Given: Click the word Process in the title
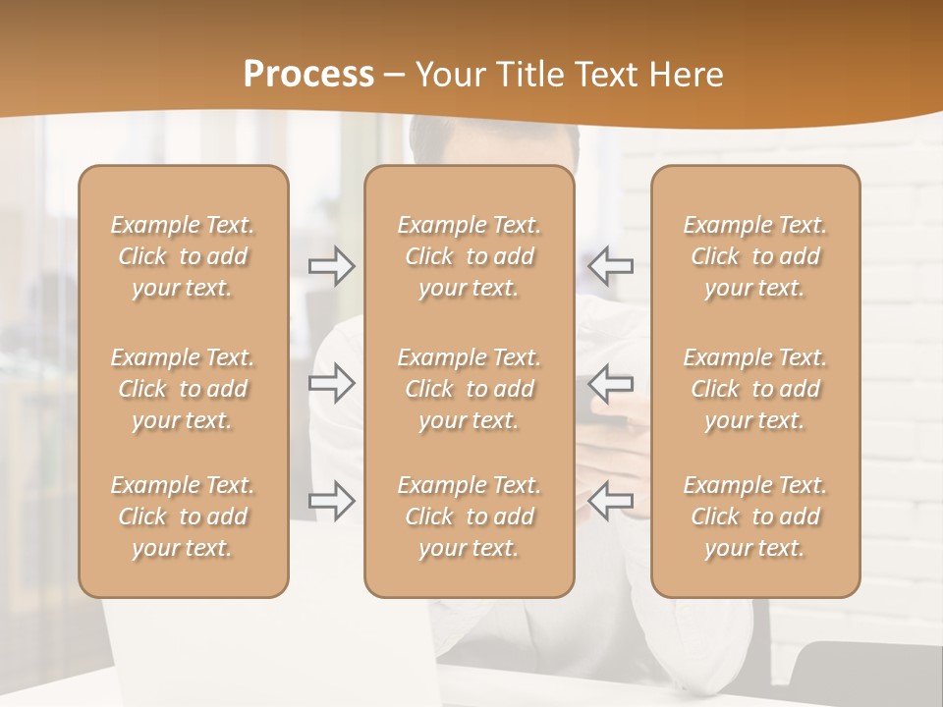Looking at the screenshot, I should [x=308, y=75].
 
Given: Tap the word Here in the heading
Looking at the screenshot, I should [x=688, y=75].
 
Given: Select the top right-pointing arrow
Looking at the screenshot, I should [x=331, y=266].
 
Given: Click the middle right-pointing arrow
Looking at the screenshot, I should [x=331, y=382].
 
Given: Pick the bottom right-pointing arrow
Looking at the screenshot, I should [x=331, y=501].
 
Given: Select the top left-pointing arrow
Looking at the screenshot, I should [x=610, y=266].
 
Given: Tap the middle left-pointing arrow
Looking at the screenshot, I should [x=610, y=382].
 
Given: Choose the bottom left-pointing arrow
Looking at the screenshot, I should [x=610, y=501].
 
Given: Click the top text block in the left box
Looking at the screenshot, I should [x=183, y=256].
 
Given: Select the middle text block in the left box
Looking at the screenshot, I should [x=183, y=389].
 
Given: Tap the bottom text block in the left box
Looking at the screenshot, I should [x=183, y=517].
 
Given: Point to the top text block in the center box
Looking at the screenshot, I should [x=469, y=256].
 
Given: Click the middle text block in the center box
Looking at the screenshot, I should [x=469, y=389].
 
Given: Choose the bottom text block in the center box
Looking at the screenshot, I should [x=469, y=517].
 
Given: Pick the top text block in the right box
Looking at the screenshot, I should [x=754, y=256].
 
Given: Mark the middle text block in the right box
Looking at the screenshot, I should [x=754, y=389].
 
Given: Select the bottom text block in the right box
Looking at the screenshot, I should [x=754, y=517].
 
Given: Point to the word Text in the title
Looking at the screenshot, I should [x=605, y=75].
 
